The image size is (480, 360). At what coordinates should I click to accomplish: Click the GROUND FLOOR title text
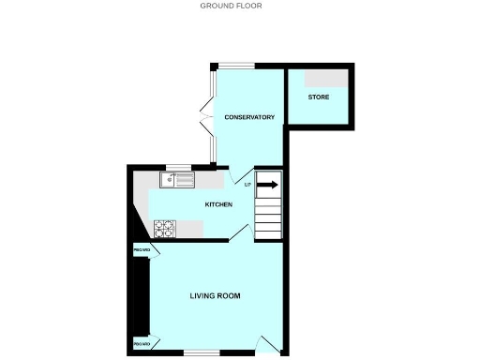coord(231,6)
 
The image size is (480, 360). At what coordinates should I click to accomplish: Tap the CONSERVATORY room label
coord(248,117)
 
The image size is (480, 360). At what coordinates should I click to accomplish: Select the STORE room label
coord(319,97)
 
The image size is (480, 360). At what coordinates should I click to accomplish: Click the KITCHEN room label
coord(218,203)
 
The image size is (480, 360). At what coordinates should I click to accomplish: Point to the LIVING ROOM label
coord(215,296)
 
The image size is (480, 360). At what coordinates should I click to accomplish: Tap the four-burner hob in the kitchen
coord(164,228)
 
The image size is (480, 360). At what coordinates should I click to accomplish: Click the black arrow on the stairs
coord(268,185)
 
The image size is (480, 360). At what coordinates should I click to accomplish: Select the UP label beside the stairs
coord(247,184)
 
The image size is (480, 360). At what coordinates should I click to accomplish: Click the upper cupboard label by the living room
coord(142,250)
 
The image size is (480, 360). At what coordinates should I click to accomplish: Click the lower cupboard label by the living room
coord(142,345)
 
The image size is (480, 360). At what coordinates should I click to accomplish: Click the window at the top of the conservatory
coord(237,66)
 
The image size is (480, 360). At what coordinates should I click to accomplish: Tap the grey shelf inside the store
coord(330,78)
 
